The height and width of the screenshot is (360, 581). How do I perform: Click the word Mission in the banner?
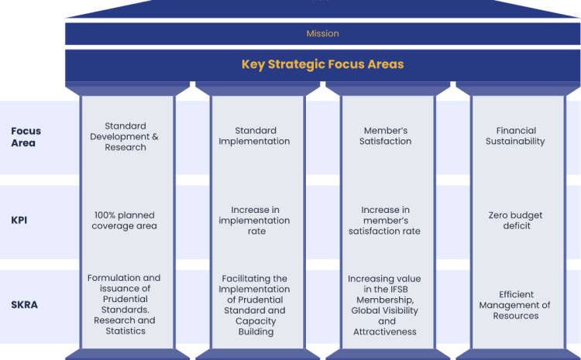point(322,33)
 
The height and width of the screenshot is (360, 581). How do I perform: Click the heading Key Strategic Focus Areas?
point(322,64)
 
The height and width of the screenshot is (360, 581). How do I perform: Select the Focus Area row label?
point(26,137)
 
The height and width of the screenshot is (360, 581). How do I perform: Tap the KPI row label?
point(19,220)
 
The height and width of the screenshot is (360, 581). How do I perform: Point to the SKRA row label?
point(24,304)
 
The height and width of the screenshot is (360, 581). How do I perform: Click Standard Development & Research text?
point(125,136)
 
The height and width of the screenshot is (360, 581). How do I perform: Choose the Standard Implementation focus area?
point(254,136)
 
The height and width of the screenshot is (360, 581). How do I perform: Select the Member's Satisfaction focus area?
point(385,136)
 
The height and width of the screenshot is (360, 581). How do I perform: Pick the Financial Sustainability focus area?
point(515,136)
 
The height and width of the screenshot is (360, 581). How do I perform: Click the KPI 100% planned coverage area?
point(125,221)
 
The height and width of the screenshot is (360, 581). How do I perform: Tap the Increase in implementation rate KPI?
point(254,221)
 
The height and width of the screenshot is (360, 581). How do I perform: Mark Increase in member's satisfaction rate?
point(384,221)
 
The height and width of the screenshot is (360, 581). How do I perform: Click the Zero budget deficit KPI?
point(515,221)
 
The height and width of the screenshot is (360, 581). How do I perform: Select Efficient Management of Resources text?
point(514,305)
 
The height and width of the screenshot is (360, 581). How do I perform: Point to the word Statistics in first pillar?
point(125,331)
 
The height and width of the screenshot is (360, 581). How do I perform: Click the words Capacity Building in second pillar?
point(256,326)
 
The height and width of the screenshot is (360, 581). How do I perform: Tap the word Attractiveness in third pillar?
point(384,331)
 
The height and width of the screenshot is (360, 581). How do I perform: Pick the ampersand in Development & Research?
point(155,136)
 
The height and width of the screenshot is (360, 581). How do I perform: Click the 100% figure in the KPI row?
point(103,215)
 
